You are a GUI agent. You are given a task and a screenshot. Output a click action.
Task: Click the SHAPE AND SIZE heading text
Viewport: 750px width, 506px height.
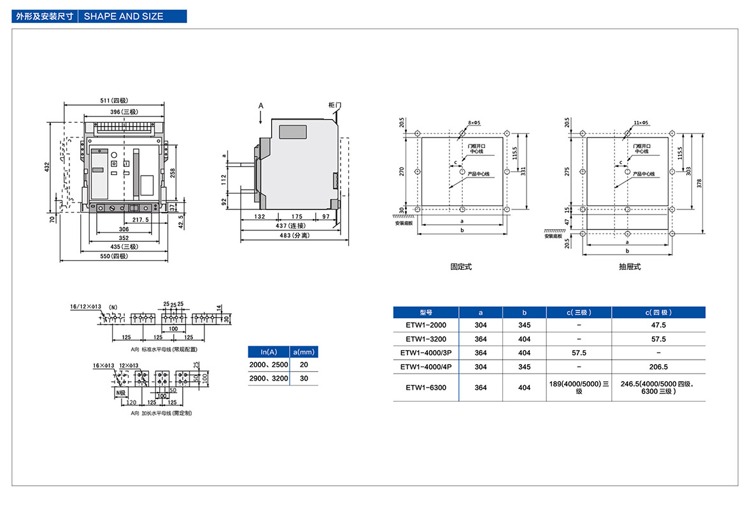coord(123,16)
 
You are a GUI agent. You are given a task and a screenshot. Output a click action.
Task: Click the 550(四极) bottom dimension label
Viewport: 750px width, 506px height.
coord(115,256)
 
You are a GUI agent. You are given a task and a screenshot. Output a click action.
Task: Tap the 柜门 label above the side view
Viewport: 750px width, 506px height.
coord(336,104)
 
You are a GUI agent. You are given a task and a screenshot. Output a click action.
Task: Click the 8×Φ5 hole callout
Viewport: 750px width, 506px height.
coord(474,122)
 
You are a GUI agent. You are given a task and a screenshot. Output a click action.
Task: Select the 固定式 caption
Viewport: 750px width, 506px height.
coord(461,267)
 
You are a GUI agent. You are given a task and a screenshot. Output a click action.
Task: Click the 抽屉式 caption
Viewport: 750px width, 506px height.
coord(629,267)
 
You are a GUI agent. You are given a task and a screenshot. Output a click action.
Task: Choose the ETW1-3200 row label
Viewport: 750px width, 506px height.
coord(426,339)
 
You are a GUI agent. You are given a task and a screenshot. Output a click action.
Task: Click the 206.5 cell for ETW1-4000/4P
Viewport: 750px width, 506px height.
coord(658,367)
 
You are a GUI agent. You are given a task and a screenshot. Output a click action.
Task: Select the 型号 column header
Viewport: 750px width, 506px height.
coord(426,313)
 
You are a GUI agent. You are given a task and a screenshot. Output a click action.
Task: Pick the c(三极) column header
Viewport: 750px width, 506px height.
coord(579,313)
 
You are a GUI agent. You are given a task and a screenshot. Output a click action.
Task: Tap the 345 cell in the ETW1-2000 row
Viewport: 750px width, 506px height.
coord(525,325)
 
